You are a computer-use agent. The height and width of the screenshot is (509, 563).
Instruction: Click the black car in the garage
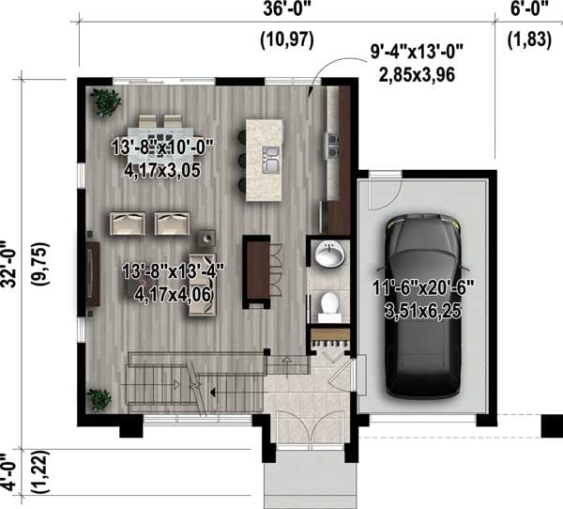(x=423, y=306)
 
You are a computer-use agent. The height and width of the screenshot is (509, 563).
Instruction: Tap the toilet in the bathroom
(x=328, y=304)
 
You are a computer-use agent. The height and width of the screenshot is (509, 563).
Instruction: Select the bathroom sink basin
(x=327, y=254)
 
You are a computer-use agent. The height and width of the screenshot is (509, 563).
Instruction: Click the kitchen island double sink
(x=272, y=160)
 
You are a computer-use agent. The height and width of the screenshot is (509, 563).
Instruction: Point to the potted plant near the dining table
(x=103, y=100)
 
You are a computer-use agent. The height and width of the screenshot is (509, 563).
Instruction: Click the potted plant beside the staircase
(x=99, y=398)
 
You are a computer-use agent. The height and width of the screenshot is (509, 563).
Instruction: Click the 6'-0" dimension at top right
(x=528, y=11)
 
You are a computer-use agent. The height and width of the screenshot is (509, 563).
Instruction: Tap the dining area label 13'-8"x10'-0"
(x=162, y=147)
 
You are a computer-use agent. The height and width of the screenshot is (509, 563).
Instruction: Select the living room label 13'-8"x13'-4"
(x=174, y=270)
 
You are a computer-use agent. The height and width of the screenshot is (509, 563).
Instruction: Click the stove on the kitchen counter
(x=331, y=143)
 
